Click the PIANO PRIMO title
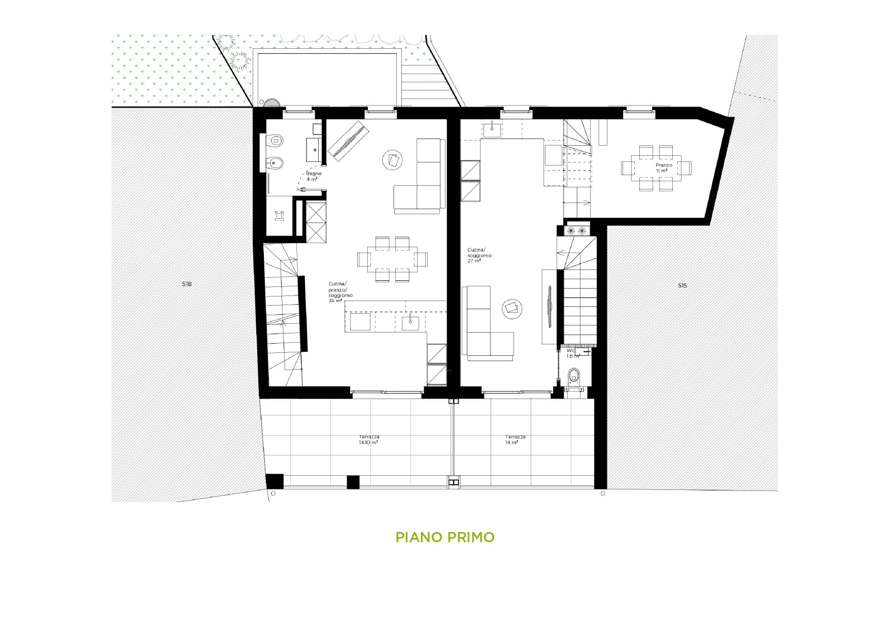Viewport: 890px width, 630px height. point(445,537)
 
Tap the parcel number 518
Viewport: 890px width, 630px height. point(187,284)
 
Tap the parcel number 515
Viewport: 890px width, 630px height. point(682,286)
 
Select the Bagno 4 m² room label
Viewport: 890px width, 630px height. point(313,176)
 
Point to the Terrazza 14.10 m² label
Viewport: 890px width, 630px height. point(369,440)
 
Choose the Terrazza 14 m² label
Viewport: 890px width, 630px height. point(515,440)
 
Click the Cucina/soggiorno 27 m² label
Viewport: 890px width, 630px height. point(479,255)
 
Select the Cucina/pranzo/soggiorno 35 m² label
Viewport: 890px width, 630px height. point(340,292)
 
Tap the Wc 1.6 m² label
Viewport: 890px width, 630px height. point(572,353)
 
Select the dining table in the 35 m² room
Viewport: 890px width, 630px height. point(392,259)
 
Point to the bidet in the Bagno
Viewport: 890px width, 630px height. point(275,163)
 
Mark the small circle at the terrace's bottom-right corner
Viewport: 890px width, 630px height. point(603,493)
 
